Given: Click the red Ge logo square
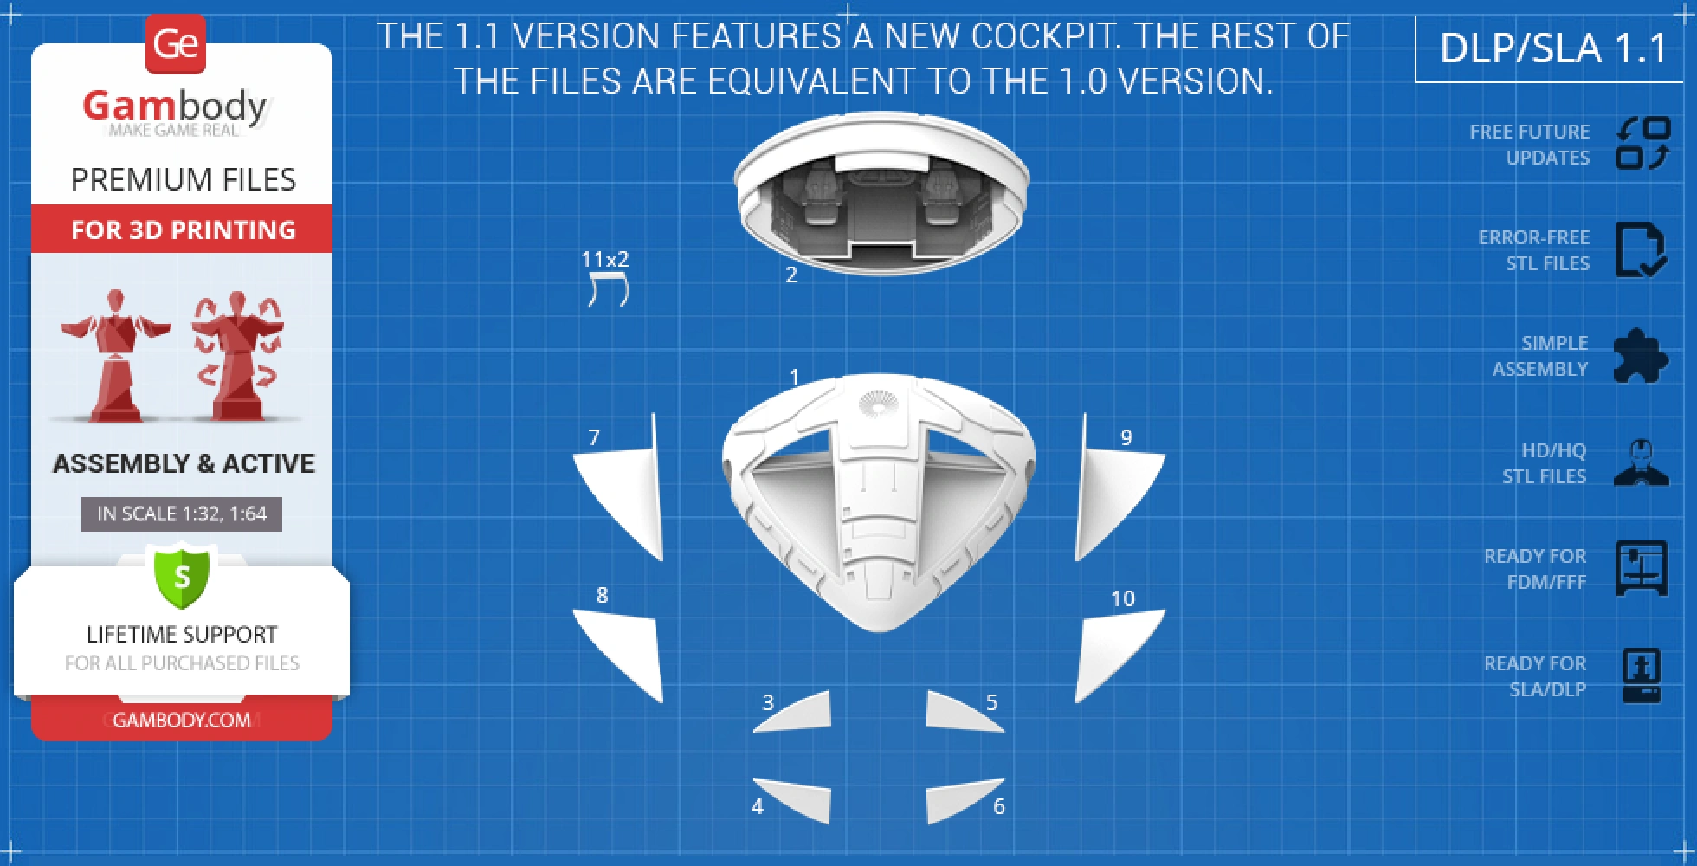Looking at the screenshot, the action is pos(176,44).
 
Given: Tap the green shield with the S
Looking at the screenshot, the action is pos(182,576).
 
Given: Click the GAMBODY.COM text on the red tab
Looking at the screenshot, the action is pos(182,720).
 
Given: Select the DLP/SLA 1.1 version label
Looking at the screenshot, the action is pos(1553,48).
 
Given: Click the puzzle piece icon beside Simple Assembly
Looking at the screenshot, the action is pos(1641,356).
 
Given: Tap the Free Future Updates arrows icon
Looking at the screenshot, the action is pos(1642,143).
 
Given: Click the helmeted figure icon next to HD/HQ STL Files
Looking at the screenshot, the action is pos(1642,463).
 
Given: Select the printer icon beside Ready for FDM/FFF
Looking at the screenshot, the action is pos(1642,569).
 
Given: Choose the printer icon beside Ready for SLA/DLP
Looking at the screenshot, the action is pos(1642,675).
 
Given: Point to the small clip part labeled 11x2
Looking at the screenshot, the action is pos(608,289).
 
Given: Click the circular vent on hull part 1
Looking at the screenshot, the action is pos(878,405).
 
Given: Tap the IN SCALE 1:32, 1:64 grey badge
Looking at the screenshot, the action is pos(182,514).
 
